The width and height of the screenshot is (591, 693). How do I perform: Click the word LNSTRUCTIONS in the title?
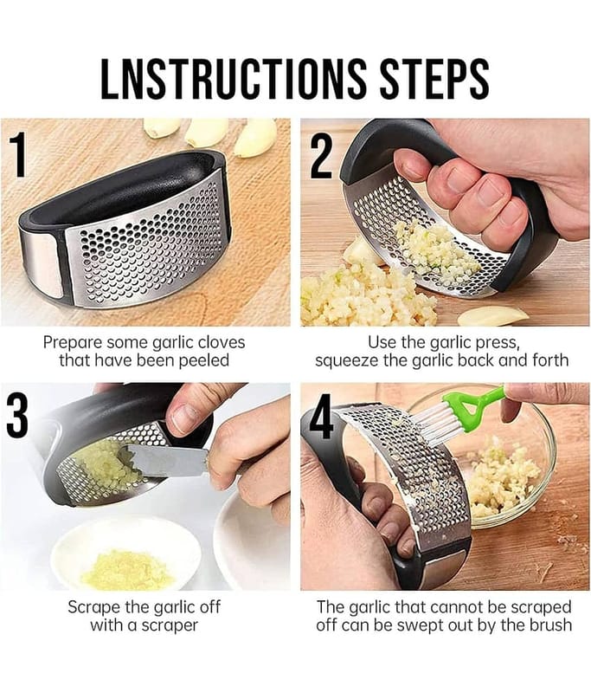click(234, 78)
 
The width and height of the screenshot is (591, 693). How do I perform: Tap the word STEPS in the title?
click(434, 78)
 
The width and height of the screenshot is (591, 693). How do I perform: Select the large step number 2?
click(321, 157)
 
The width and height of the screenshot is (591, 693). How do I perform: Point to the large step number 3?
click(16, 415)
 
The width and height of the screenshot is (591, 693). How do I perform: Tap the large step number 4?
click(320, 418)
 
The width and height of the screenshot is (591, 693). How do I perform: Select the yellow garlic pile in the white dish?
click(126, 571)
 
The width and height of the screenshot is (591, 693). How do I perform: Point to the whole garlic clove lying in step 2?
click(493, 316)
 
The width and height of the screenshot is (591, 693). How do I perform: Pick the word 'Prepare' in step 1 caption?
click(73, 343)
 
